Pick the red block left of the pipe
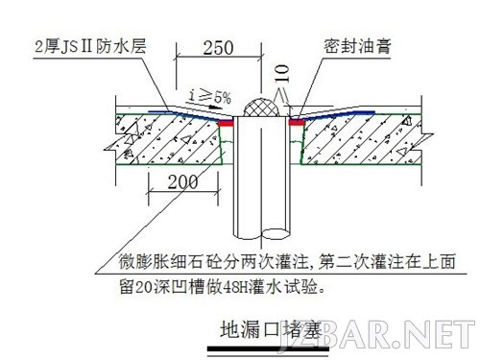226,123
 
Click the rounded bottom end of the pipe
256,234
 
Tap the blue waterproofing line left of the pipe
182,113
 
